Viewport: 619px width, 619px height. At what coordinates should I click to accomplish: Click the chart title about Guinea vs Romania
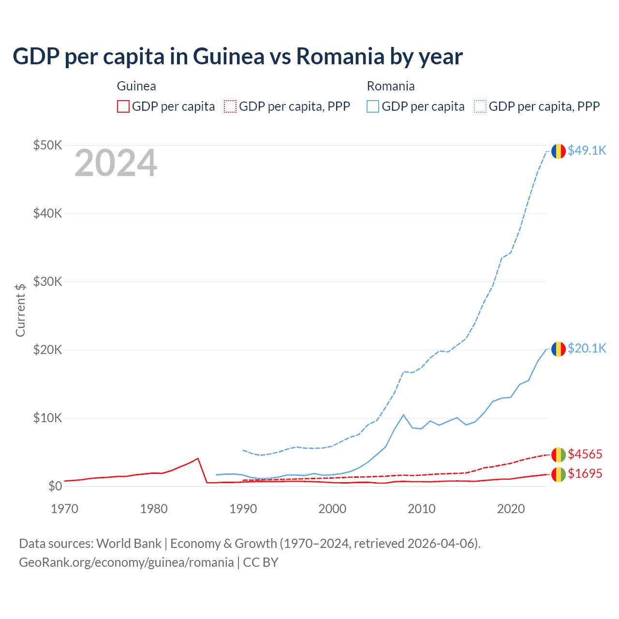(x=237, y=56)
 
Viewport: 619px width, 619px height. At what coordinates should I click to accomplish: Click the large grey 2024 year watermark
(x=116, y=163)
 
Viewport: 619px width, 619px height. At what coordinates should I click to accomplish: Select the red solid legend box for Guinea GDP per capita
(x=123, y=106)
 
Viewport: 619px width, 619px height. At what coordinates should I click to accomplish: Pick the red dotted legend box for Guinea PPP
(x=230, y=106)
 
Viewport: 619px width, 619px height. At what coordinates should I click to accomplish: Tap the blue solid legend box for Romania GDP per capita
(x=373, y=106)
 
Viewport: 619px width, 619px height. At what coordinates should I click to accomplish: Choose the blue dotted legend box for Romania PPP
(x=480, y=106)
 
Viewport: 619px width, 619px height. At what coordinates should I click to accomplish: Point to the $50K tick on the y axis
(x=47, y=145)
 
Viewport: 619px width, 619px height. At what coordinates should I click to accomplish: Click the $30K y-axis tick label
(x=47, y=281)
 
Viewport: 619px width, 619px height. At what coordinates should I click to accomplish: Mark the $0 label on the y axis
(x=55, y=486)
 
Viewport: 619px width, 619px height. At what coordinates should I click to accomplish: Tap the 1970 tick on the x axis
(x=64, y=509)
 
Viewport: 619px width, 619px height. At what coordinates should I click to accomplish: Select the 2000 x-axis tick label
(x=332, y=509)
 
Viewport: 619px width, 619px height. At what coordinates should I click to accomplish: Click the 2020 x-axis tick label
(x=511, y=509)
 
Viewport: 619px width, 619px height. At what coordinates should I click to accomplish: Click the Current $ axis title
(x=20, y=310)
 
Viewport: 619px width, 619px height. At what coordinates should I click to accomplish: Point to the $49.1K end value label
(x=587, y=151)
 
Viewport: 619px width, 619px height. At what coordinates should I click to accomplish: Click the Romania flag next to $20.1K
(x=559, y=349)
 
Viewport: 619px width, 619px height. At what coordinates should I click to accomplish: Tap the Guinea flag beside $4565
(x=559, y=455)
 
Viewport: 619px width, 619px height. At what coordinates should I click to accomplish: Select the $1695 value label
(x=585, y=473)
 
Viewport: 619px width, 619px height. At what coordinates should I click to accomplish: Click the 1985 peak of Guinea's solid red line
(x=198, y=458)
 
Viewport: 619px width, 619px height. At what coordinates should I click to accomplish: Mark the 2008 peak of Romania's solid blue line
(x=403, y=415)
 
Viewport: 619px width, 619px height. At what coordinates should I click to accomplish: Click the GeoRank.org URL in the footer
(x=126, y=562)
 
